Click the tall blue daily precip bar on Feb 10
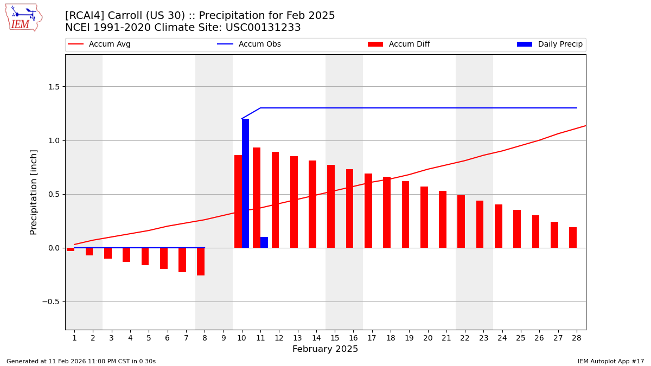(245, 183)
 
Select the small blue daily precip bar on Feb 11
(264, 242)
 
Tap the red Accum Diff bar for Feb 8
(201, 261)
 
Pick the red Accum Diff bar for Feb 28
(573, 237)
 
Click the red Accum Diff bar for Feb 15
(331, 206)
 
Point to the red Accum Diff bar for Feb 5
(145, 256)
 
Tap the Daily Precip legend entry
(550, 44)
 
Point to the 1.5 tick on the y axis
(54, 87)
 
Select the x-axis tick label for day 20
(427, 338)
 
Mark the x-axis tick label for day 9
(224, 338)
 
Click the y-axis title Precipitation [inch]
(34, 192)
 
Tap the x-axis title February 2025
(325, 349)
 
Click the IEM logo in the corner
(23, 17)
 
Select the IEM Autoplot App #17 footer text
(610, 361)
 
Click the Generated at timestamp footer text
(81, 361)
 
